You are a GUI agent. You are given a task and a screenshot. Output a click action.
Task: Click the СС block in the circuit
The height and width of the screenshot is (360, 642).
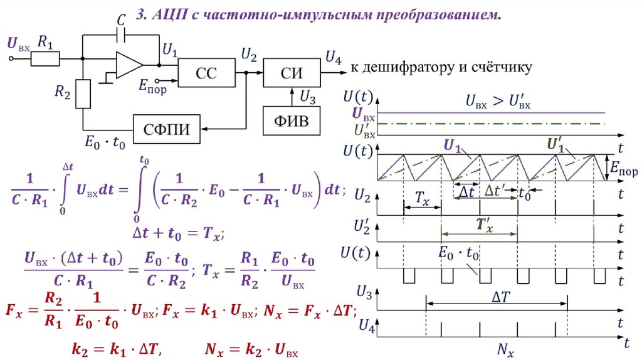pos(207,73)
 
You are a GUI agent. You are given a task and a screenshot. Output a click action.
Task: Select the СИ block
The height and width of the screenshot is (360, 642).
pos(292,73)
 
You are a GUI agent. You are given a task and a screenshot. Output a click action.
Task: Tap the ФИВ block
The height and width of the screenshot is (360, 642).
pos(291,121)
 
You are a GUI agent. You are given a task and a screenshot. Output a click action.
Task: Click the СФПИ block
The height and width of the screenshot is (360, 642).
pos(167,129)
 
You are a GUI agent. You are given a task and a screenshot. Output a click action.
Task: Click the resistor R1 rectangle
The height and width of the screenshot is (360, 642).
pos(45,59)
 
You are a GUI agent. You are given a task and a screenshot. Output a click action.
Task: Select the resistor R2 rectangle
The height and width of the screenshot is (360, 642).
pos(83,94)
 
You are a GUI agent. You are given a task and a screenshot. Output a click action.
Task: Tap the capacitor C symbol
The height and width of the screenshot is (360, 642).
pos(121,36)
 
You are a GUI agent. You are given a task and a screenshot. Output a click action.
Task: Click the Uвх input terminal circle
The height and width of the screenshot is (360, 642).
pos(11,59)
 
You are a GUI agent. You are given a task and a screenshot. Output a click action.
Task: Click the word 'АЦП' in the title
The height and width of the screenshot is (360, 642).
pos(167,15)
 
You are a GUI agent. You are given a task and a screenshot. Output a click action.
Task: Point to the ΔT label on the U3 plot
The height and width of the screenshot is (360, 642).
pos(500,297)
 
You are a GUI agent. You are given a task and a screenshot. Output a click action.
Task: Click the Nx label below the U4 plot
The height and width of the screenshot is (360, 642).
pos(506,350)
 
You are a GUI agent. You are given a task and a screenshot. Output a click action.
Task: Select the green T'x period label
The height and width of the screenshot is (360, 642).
pos(485,225)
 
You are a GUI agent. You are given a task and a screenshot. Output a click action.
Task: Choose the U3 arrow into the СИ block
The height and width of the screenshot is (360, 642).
pos(292,97)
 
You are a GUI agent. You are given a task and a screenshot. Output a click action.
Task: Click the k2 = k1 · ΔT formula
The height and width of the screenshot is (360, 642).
pos(117,349)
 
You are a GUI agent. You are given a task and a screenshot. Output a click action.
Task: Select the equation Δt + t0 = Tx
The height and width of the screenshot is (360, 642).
pos(177,233)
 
